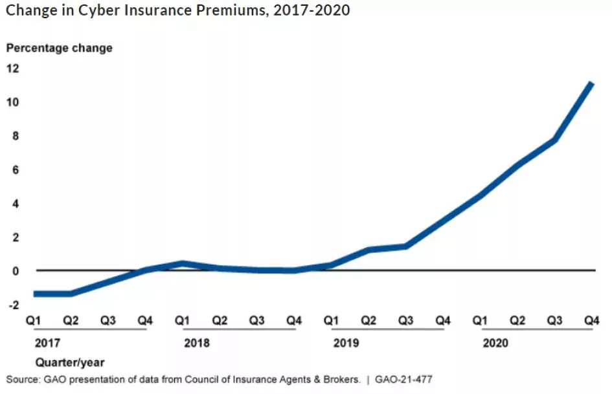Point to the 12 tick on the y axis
[x=12, y=68]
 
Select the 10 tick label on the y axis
[x=12, y=102]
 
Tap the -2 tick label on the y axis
[x=12, y=304]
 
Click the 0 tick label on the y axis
[x=15, y=270]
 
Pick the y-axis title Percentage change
[x=59, y=48]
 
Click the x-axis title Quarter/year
[x=70, y=362]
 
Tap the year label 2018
[x=197, y=343]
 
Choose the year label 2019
[x=346, y=343]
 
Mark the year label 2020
[x=495, y=343]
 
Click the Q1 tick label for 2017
[x=34, y=320]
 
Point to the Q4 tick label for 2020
[x=591, y=320]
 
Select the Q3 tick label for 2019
[x=406, y=320]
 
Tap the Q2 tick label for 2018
[x=220, y=320]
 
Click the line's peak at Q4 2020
[x=591, y=83]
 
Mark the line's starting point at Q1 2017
[x=35, y=293]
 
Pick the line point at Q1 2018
[x=183, y=263]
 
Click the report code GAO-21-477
[x=403, y=379]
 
